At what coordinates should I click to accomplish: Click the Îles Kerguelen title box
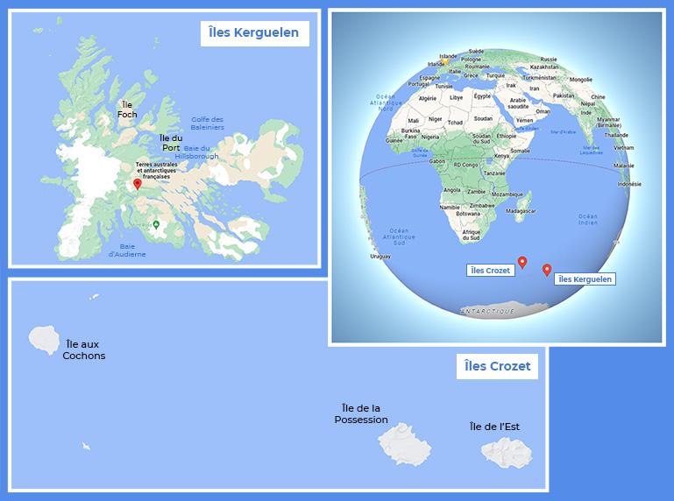[254, 34]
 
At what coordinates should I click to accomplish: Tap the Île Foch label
[127, 109]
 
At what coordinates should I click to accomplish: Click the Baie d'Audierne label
[127, 250]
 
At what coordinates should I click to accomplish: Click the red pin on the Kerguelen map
[136, 185]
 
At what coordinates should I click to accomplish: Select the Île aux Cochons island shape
[43, 338]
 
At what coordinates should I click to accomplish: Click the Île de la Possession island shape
[405, 444]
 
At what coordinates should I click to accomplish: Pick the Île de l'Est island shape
[506, 453]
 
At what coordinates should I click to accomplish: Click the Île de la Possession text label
[361, 413]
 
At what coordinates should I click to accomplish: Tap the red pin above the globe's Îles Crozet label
[522, 262]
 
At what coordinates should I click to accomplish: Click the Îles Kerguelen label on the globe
[585, 279]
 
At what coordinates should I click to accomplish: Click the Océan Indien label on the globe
[586, 219]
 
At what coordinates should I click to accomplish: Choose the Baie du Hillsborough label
[197, 152]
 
